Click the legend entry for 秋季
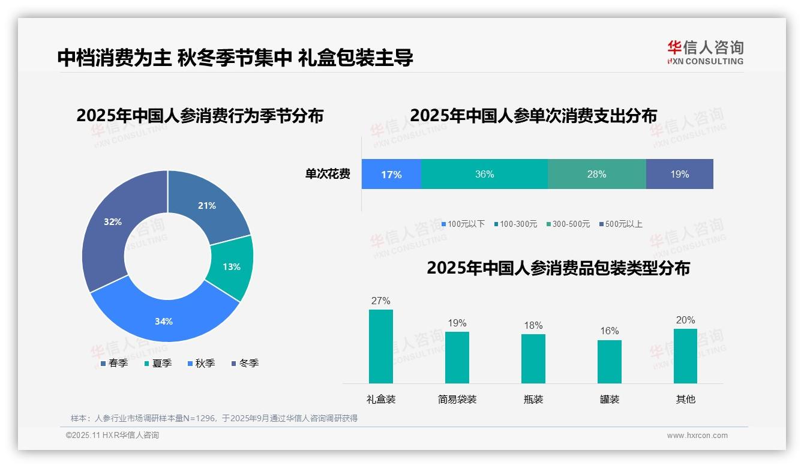(201, 364)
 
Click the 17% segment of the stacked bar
(391, 175)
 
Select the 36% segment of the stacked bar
(484, 175)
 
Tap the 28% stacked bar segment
(596, 175)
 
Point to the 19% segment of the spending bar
(679, 175)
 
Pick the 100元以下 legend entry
(463, 224)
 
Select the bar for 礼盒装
(381, 347)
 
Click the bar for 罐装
(610, 362)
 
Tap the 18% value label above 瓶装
(533, 326)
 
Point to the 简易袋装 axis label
(457, 400)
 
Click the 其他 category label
(686, 400)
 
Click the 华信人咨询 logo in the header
(706, 52)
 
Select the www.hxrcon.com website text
(697, 436)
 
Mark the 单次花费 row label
(328, 175)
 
